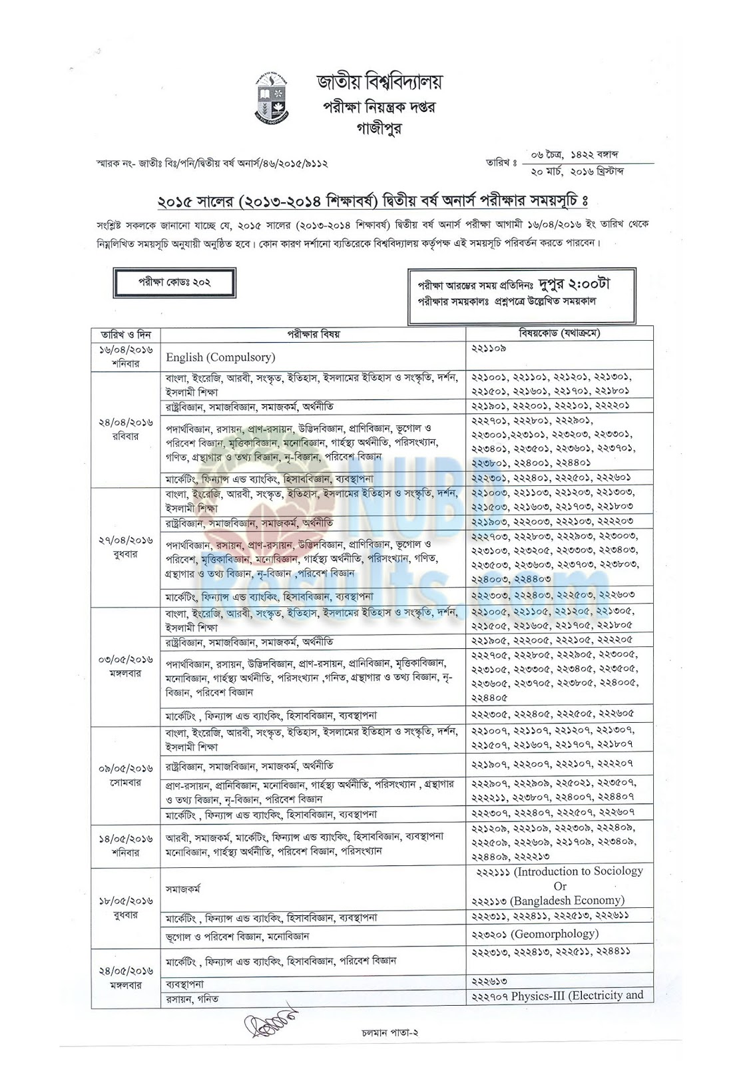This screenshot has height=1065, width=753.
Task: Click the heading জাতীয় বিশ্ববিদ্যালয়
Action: (379, 83)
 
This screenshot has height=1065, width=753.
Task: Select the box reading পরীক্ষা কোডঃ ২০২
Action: (174, 282)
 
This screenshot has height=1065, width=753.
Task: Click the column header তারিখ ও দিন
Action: (125, 334)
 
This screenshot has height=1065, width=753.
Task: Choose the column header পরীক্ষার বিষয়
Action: (313, 334)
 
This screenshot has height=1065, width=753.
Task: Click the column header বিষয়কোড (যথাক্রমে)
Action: (559, 333)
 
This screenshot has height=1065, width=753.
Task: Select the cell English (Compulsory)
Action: (220, 357)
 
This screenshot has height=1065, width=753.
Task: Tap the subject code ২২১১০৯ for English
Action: (489, 348)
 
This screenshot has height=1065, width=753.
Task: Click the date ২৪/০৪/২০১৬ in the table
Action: (125, 422)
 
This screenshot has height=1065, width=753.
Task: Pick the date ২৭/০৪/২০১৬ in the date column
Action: (125, 540)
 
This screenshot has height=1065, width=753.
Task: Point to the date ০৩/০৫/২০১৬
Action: (125, 659)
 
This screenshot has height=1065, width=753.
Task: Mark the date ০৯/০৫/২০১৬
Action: (125, 768)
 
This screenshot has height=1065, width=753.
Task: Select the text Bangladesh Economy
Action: (567, 901)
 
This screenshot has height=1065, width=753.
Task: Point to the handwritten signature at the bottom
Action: (272, 1023)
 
